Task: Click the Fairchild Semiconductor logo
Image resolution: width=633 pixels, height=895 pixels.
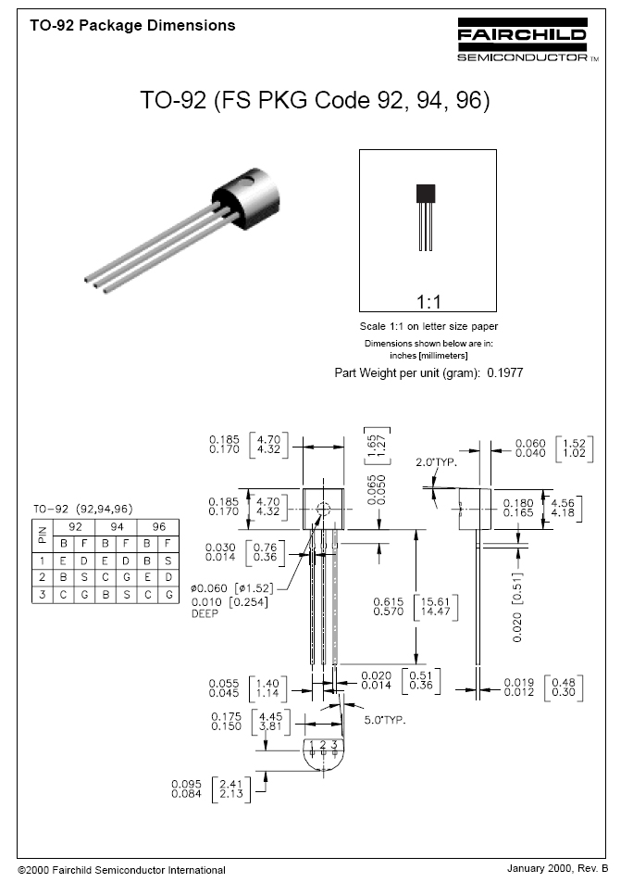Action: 528,40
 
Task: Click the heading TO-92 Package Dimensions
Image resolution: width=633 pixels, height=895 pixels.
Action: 133,26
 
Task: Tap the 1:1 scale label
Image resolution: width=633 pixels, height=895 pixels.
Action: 428,301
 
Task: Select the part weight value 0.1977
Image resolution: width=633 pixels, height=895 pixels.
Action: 504,372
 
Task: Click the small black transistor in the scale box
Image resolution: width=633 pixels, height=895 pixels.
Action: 426,217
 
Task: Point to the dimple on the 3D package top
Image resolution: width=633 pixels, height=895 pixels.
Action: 246,182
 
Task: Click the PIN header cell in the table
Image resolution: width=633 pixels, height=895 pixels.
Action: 43,536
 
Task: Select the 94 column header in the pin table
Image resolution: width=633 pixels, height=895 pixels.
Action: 117,527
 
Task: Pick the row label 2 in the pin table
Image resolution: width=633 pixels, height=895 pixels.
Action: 43,577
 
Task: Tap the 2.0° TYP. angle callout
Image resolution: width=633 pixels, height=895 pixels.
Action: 436,462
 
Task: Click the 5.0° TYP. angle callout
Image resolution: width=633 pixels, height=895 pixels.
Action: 385,720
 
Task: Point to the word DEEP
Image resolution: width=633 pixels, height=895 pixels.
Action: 205,613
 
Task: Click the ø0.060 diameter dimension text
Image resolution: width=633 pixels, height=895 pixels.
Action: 209,588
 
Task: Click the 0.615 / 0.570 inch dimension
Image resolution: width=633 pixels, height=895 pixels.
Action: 389,606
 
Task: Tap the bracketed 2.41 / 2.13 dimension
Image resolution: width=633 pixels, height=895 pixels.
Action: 231,789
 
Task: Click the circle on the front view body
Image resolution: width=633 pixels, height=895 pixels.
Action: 323,510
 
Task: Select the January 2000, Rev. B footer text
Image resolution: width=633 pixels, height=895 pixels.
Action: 558,868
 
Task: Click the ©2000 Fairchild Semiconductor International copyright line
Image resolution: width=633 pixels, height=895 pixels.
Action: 121,870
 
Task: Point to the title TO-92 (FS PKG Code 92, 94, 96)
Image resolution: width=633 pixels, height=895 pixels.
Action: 316,100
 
